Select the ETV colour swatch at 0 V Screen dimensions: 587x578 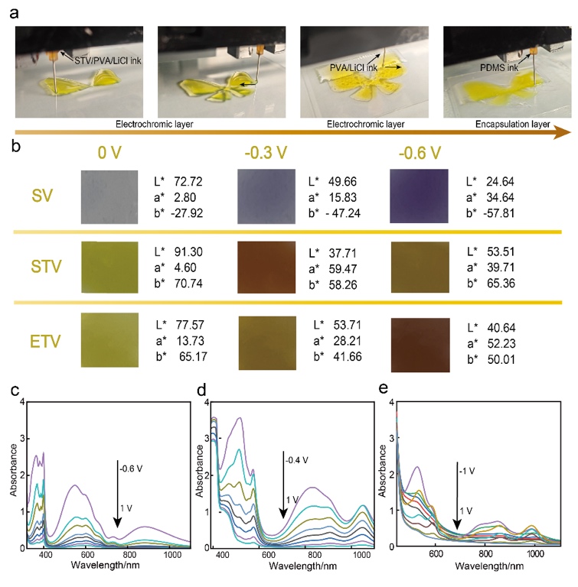pyautogui.click(x=109, y=337)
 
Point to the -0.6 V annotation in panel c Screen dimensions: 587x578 pyautogui.click(x=127, y=463)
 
